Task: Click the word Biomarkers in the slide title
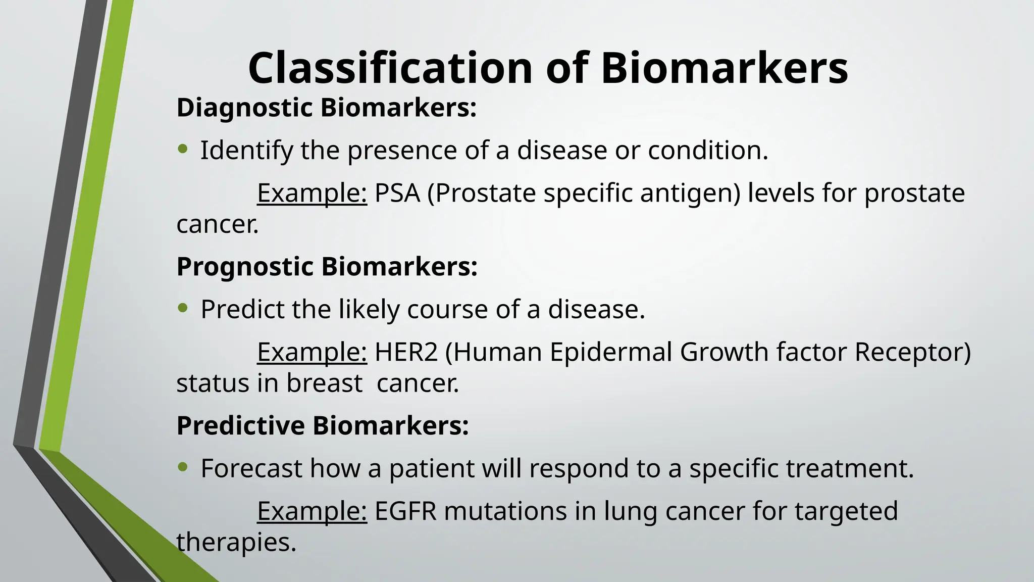point(724,68)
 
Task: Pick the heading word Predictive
point(240,425)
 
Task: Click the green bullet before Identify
point(183,149)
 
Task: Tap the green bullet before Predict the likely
point(183,308)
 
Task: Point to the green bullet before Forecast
point(183,467)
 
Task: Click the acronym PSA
point(397,193)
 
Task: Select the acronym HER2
point(406,352)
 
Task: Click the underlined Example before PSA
point(312,193)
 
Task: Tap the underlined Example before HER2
point(312,352)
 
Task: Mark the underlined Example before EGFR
point(312,511)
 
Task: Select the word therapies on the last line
point(235,543)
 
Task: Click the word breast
point(324,383)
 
